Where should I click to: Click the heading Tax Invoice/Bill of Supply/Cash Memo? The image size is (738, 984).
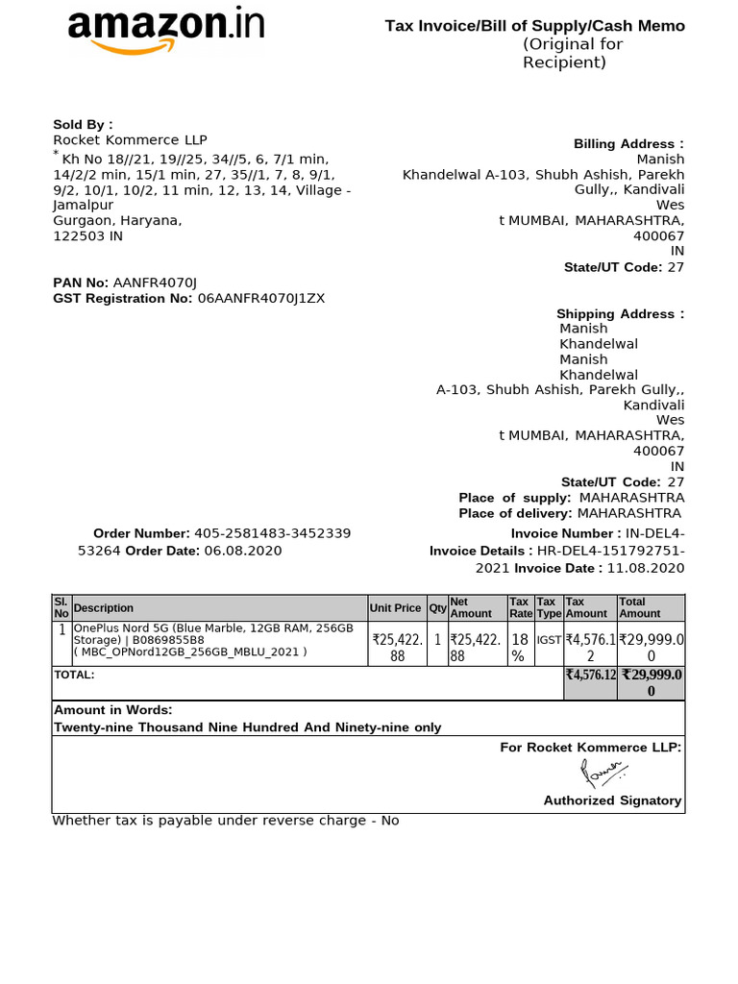[535, 26]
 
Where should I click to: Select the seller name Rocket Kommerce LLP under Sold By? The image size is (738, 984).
[130, 140]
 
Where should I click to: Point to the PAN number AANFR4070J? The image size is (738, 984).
[155, 283]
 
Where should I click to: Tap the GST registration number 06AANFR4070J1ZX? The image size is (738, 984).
[261, 298]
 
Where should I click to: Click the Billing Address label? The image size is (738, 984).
[628, 144]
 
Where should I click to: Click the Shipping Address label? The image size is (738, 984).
[620, 314]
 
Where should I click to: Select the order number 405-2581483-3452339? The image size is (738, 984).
[272, 533]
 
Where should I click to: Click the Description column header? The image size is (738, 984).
[104, 608]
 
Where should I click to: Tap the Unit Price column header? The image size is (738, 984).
[395, 608]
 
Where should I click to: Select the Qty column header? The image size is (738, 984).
[437, 608]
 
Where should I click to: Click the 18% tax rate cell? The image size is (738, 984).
[520, 646]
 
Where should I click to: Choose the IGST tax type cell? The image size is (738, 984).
[549, 638]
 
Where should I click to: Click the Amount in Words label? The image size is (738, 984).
[112, 710]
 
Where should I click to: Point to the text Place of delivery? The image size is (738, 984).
[515, 513]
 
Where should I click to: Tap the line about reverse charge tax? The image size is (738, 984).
[226, 821]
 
